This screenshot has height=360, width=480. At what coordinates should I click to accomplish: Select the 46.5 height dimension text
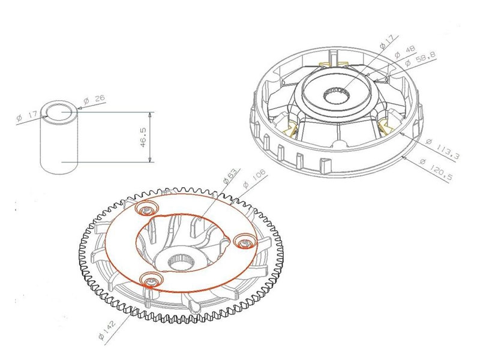[143, 137]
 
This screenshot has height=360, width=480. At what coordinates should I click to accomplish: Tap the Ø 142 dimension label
[107, 330]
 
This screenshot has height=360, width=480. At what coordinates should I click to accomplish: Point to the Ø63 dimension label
[230, 176]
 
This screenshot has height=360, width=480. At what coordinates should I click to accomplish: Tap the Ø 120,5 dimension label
[437, 170]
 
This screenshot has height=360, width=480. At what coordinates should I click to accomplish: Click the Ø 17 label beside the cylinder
[28, 116]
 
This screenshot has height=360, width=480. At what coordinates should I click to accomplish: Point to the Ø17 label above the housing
[386, 41]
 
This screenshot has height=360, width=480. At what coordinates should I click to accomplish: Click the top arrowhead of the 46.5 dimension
[149, 115]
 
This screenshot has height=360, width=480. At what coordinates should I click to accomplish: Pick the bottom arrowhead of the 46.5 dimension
[149, 159]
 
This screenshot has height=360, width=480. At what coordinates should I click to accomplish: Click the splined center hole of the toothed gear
[181, 262]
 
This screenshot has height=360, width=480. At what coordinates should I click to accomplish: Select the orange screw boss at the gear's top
[147, 209]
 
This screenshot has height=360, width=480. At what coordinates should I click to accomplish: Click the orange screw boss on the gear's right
[244, 242]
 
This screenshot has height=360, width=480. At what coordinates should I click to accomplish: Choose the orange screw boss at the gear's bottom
[151, 280]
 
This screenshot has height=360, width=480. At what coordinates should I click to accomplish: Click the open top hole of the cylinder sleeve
[58, 112]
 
